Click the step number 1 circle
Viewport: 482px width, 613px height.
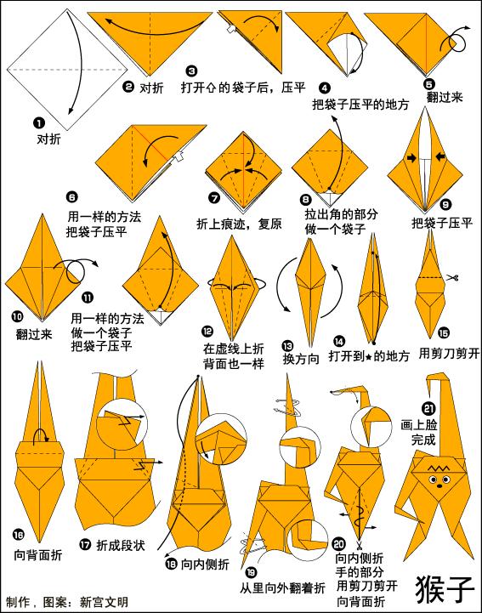click(x=39, y=123)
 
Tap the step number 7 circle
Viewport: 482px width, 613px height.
click(x=214, y=198)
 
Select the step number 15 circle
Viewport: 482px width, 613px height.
click(x=443, y=333)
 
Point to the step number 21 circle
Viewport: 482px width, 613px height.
click(x=428, y=409)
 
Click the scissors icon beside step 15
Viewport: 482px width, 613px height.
click(x=452, y=278)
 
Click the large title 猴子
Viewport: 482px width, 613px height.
click(x=445, y=588)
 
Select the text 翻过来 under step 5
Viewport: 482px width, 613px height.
click(x=445, y=97)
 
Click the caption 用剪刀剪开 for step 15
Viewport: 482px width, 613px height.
click(x=449, y=354)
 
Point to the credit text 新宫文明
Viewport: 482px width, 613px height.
click(x=104, y=601)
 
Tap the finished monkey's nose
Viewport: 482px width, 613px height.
click(x=439, y=485)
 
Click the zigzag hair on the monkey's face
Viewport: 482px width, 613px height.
click(x=439, y=468)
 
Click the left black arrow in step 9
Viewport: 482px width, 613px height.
click(x=411, y=157)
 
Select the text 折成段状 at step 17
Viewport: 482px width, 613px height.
click(x=121, y=545)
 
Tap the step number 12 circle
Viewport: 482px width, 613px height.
click(x=207, y=332)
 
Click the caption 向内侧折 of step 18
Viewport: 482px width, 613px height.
click(x=205, y=564)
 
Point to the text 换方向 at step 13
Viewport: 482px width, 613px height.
click(x=302, y=359)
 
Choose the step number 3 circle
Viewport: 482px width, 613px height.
click(x=191, y=71)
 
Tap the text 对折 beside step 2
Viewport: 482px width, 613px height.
click(x=151, y=88)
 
